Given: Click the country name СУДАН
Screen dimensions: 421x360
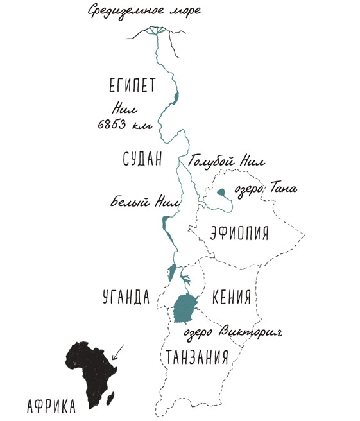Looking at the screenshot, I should tap(142, 159).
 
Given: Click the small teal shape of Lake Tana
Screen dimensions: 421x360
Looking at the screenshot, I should tap(221, 191).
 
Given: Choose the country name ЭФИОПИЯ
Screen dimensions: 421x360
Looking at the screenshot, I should tap(239, 233).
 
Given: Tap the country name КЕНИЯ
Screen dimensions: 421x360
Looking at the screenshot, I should tap(230, 296).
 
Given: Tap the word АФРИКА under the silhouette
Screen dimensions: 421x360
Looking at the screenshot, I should tap(52, 406).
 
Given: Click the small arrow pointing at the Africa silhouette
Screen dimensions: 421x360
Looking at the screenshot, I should tap(118, 350).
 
